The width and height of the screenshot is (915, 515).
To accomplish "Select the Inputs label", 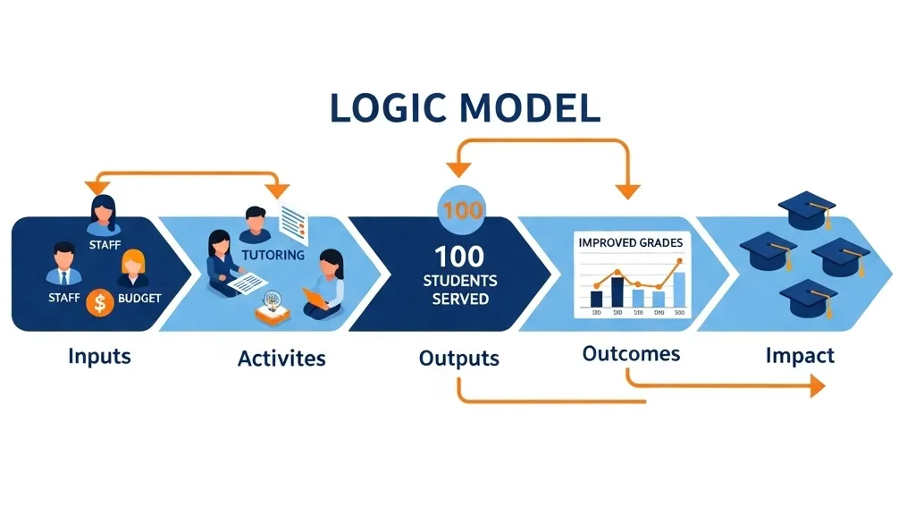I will (99, 356).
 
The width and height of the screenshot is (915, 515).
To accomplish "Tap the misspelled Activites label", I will (281, 359).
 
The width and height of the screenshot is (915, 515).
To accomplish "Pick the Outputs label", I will (458, 359).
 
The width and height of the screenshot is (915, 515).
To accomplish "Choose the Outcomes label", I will (631, 353).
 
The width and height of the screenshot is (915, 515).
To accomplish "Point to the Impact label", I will (800, 356).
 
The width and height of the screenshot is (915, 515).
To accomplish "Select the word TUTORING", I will (273, 255).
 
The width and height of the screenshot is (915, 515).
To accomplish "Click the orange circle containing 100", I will (462, 211).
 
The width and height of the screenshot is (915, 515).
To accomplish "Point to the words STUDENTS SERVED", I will (460, 291).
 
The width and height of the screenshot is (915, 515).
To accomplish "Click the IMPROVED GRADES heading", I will (630, 242).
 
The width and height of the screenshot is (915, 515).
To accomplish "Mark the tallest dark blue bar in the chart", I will (617, 291).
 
